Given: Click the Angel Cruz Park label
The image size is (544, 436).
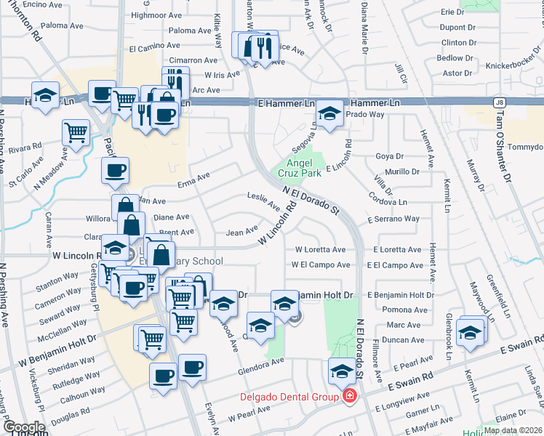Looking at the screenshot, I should coord(300,169).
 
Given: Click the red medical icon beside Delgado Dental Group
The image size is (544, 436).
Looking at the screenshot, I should coord(350,397).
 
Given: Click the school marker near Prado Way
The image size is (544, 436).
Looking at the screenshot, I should coord(329,113).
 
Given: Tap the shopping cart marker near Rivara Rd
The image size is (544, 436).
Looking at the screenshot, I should coord(76,132).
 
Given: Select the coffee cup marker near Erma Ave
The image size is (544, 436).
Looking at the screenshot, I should coord(116,171).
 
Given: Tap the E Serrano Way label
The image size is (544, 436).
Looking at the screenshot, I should coord(393,219).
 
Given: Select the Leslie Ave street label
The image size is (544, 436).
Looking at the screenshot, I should coord(263,201).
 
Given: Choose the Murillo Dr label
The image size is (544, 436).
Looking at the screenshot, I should coord(402,172).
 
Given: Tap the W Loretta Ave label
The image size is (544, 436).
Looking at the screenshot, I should coord(319,249).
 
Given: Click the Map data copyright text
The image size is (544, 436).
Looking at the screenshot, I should coord(513,430).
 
